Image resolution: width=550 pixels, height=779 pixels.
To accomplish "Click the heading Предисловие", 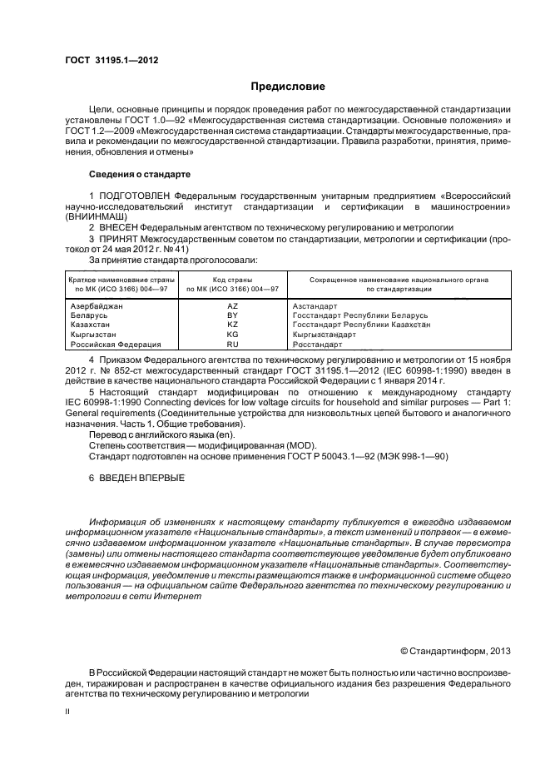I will point(288,87).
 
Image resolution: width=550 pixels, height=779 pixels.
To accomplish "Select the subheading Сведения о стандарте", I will point(140,175).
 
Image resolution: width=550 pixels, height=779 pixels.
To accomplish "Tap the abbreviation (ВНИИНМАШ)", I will point(94,215).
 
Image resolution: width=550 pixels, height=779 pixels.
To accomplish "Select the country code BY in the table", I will point(232,315).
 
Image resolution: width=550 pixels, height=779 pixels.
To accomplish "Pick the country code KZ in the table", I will point(232,325).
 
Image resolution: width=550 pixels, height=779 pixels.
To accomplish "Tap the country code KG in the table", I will point(232,334).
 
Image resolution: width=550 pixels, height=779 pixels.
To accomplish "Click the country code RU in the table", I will point(232,343).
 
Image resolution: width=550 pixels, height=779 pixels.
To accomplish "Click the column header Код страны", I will point(232,280).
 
